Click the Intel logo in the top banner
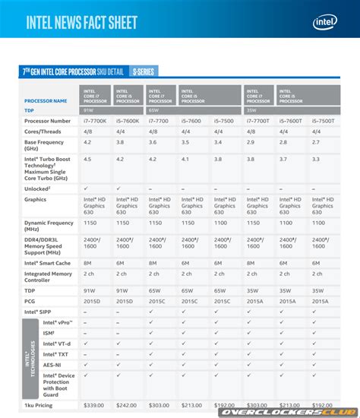(324, 21)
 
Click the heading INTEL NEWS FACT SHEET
(82, 22)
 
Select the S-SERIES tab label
(142, 71)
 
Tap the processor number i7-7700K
(93, 121)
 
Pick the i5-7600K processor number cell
(128, 121)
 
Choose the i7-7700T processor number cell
(258, 121)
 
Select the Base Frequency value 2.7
(315, 141)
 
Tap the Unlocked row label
(38, 187)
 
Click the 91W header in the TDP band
(89, 109)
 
